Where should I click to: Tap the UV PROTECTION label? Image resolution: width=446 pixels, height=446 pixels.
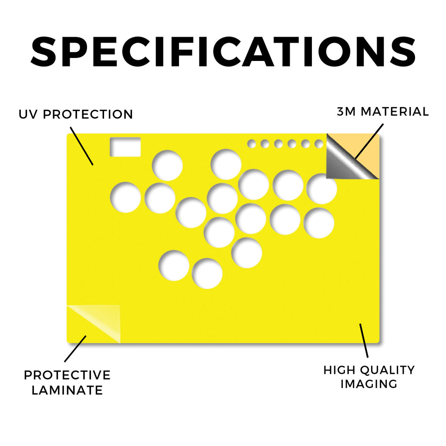[76, 115]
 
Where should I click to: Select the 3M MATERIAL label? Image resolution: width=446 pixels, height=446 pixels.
[382, 111]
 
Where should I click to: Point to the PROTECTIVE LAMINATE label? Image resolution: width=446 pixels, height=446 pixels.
[67, 382]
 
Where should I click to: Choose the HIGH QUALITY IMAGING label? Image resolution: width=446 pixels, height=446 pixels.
[369, 377]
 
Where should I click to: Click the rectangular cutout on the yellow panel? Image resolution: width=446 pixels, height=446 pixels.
[125, 147]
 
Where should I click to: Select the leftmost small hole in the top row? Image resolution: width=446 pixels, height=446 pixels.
[251, 144]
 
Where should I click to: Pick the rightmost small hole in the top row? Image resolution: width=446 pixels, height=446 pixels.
[319, 144]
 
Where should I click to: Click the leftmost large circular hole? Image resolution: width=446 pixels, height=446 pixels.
[125, 197]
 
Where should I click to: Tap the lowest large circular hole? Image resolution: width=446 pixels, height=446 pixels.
[207, 274]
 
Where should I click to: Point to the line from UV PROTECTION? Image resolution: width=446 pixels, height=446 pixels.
[81, 146]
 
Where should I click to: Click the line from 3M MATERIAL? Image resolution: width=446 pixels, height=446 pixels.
[369, 141]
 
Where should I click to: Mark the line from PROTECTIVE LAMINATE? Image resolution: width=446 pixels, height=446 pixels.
[75, 349]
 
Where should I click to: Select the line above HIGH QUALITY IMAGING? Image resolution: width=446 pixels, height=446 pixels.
[364, 341]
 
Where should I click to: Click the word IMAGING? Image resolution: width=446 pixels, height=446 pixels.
[369, 384]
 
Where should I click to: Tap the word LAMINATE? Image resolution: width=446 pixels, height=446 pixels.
[67, 390]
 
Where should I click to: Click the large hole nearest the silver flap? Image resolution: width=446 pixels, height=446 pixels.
[322, 189]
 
